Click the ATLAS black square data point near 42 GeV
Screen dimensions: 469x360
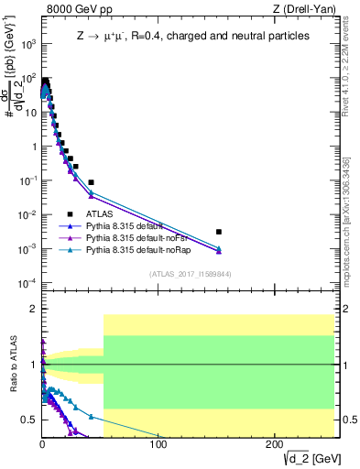[x=91, y=181]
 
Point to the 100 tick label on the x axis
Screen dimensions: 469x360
[x=158, y=444]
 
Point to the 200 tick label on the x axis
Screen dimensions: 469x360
[x=274, y=444]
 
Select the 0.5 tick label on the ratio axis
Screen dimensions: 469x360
[x=28, y=420]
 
